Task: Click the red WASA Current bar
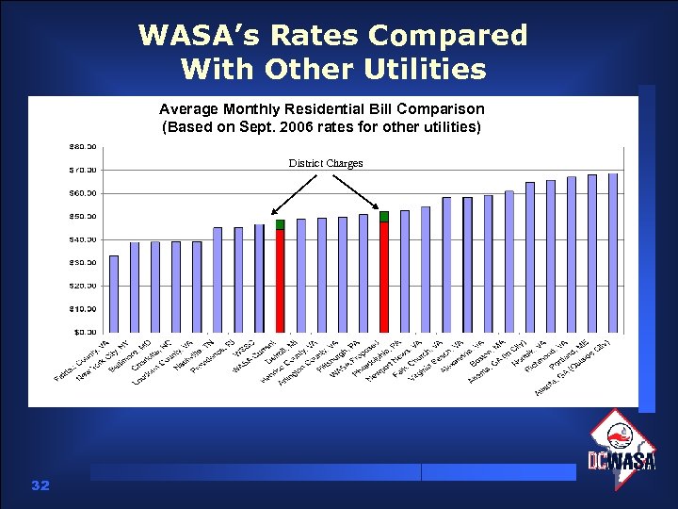(280, 280)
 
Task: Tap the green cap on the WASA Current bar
(280, 224)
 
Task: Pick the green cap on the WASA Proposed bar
(384, 217)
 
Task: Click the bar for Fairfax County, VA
(114, 293)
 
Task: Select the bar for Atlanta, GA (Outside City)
(613, 253)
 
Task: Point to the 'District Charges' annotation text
(325, 163)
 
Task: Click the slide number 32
(40, 485)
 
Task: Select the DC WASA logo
(621, 452)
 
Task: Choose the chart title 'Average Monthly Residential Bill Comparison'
(321, 109)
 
